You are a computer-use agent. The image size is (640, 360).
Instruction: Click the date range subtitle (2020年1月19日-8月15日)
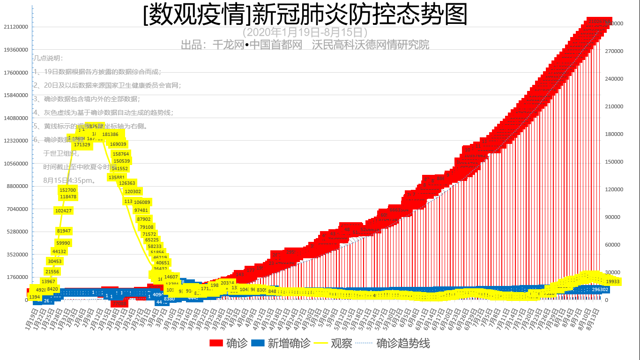[x=305, y=32]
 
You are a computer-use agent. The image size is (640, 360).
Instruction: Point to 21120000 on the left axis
[x=15, y=27]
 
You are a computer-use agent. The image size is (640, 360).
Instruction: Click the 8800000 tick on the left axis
[x=17, y=186]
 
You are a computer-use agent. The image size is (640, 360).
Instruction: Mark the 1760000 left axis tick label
[x=17, y=277]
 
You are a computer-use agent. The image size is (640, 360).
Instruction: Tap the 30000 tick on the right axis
[x=625, y=272]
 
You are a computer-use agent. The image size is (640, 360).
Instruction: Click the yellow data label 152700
[x=68, y=190]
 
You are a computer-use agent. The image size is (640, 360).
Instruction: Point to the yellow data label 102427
[x=63, y=211]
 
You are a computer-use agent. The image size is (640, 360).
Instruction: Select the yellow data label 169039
[x=118, y=144]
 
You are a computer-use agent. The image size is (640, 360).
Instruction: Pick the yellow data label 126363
[x=127, y=183]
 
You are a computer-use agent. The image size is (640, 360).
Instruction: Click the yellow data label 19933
[x=613, y=281]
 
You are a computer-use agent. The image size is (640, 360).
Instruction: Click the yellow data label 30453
[x=55, y=262]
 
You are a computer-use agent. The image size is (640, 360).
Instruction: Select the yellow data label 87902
[x=144, y=219]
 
